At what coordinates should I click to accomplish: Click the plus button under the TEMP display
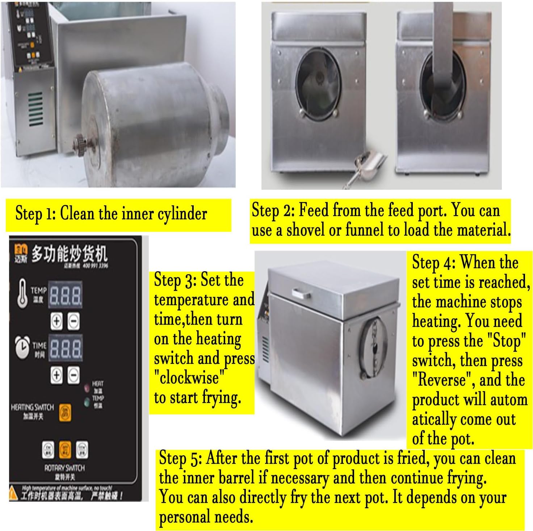(56, 321)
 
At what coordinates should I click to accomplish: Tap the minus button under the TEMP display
(74, 321)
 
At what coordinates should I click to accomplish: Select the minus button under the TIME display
(74, 375)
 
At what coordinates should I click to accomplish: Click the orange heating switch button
(65, 413)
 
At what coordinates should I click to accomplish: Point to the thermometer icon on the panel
(22, 293)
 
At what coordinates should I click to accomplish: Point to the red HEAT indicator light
(87, 388)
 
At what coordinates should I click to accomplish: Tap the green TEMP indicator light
(87, 402)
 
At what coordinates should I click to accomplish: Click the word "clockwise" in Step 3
(189, 378)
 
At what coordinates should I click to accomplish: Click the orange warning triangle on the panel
(13, 493)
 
